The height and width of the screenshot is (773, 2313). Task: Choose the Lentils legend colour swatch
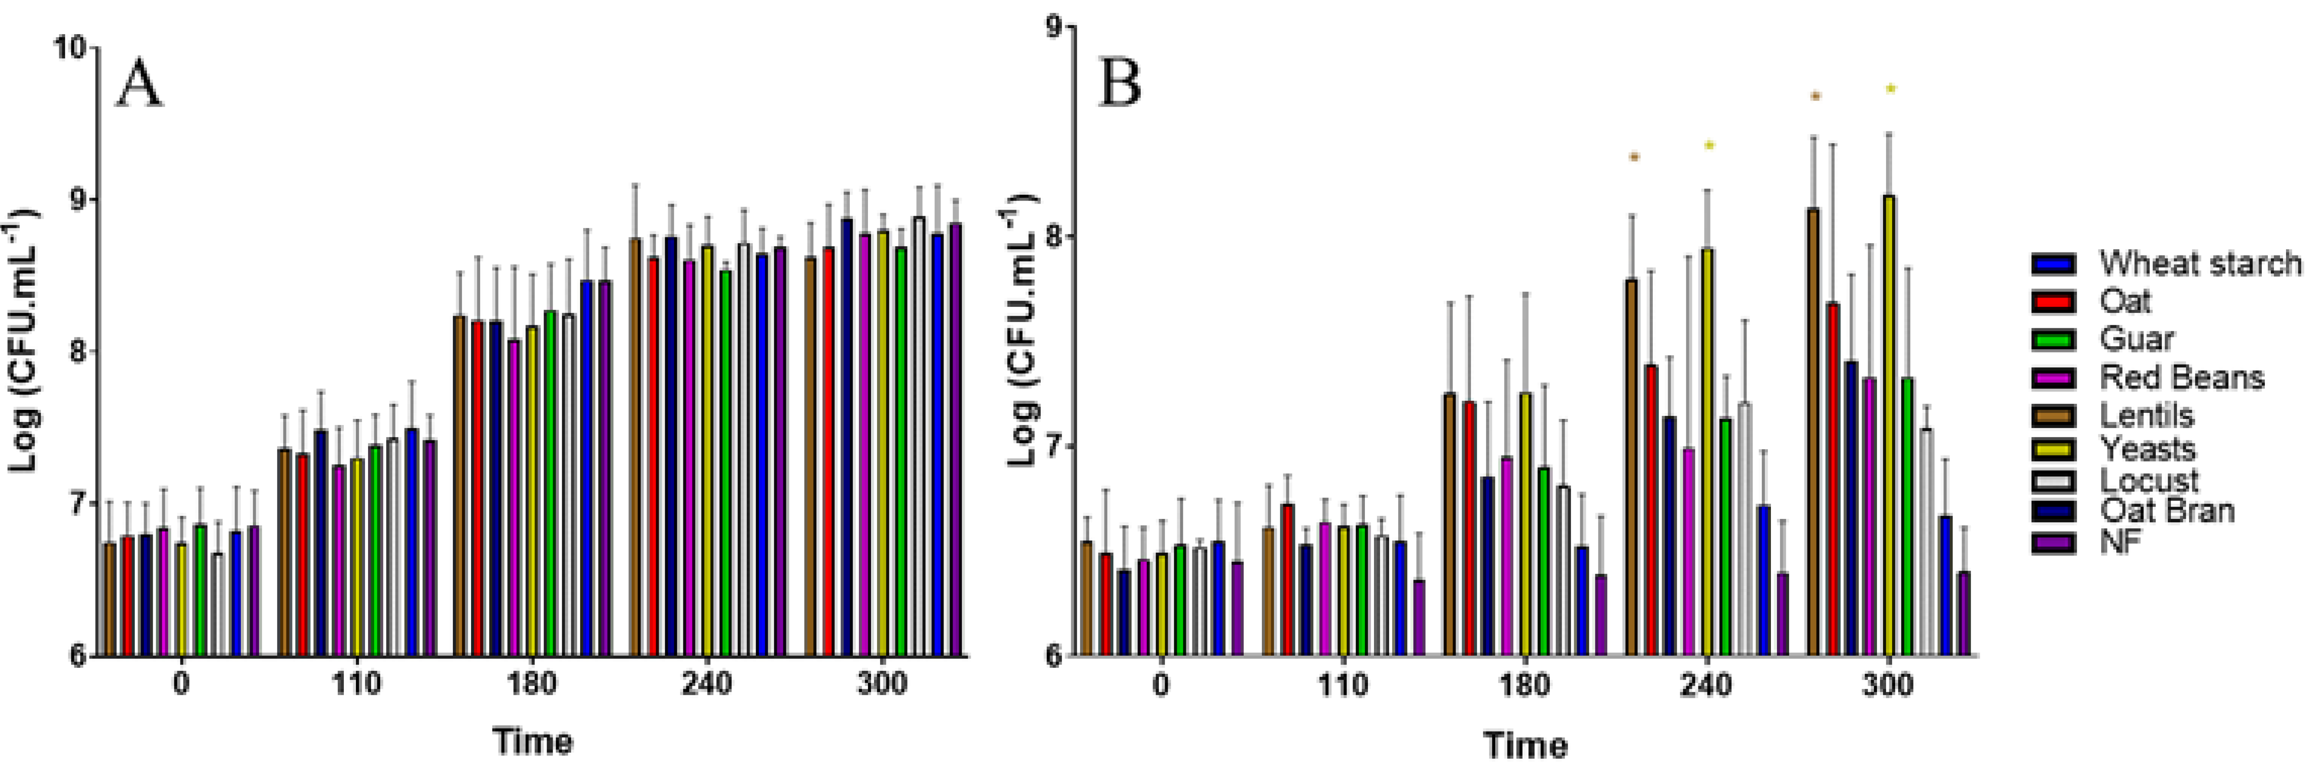(x=2054, y=416)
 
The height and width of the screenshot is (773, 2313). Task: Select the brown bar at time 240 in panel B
(x=1632, y=467)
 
